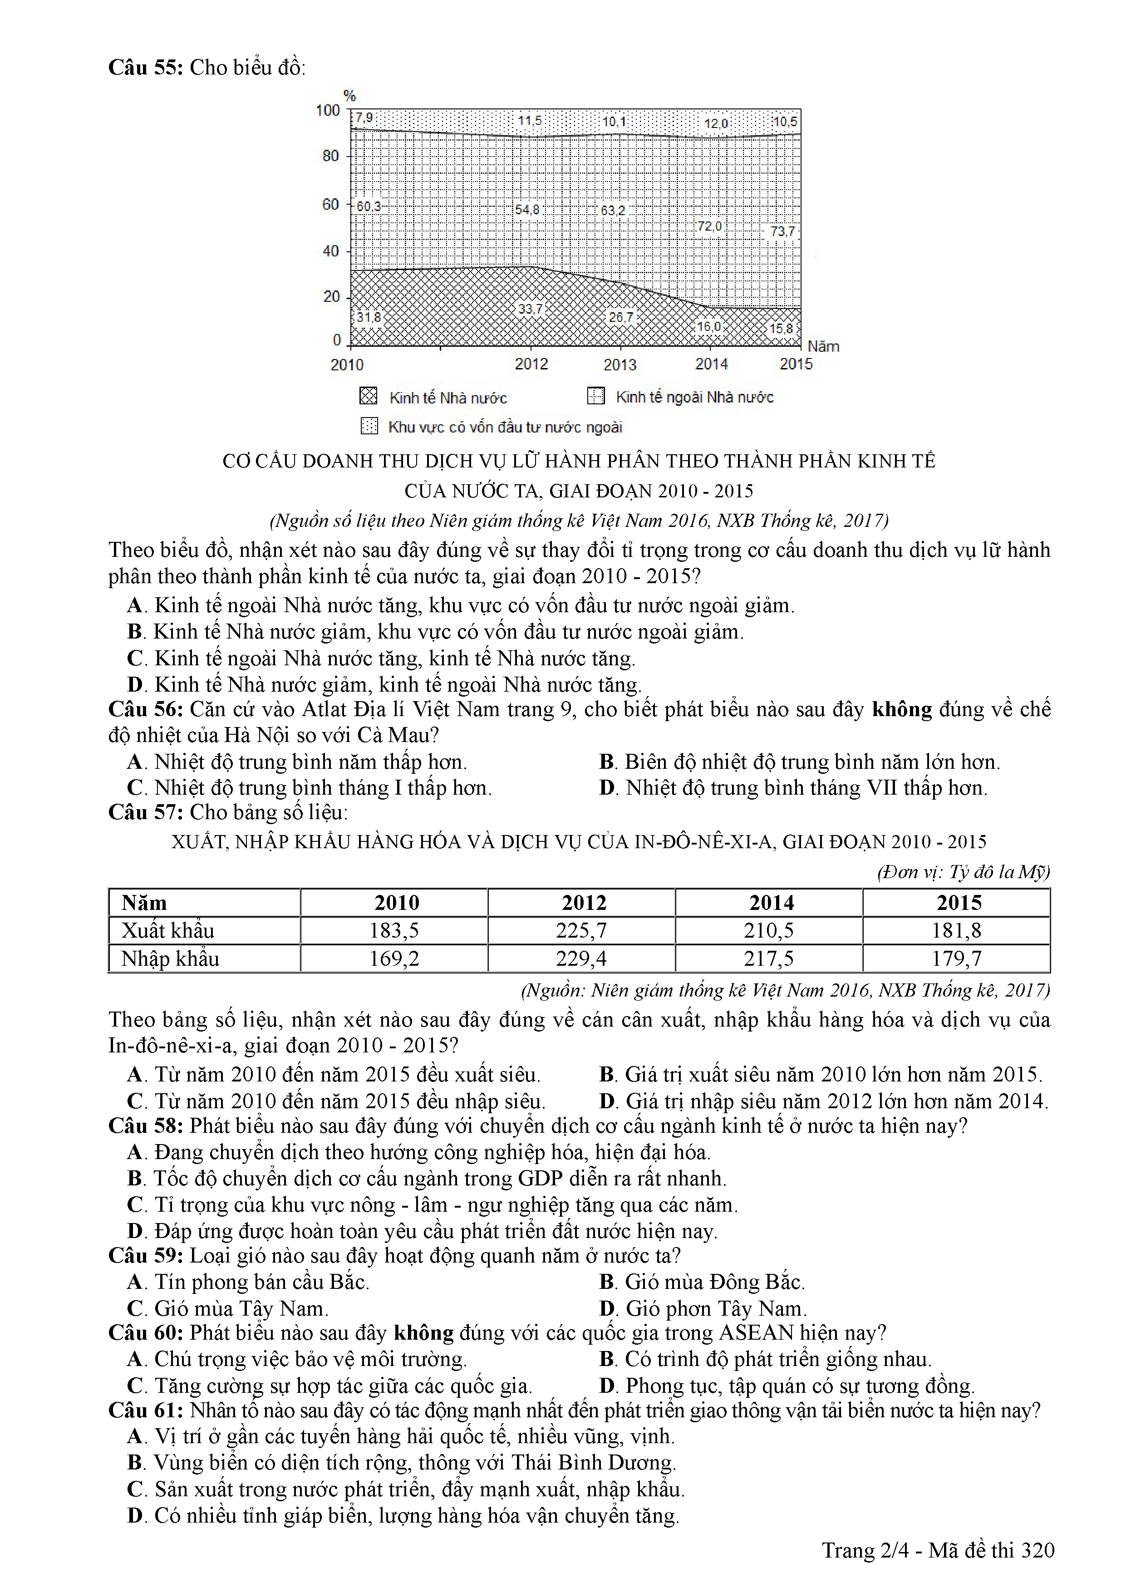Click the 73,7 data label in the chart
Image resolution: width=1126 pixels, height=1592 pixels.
click(x=783, y=231)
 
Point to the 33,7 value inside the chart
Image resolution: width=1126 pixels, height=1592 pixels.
click(x=531, y=309)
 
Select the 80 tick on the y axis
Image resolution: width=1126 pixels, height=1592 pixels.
click(x=331, y=156)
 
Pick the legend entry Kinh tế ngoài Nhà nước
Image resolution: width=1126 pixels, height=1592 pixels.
click(x=694, y=397)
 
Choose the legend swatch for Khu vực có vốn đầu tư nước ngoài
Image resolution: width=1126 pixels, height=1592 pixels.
click(x=369, y=426)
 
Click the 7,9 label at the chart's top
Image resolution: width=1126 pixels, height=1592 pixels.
click(x=364, y=118)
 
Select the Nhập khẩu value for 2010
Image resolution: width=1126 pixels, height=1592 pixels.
click(x=394, y=959)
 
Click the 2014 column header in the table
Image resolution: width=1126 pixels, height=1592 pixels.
click(x=772, y=903)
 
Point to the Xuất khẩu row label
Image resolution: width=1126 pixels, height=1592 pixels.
click(x=168, y=930)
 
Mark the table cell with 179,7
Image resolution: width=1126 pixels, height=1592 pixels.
click(x=957, y=959)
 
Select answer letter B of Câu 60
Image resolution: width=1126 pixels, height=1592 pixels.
click(x=607, y=1359)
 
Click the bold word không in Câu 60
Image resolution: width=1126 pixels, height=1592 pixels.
click(x=423, y=1333)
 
